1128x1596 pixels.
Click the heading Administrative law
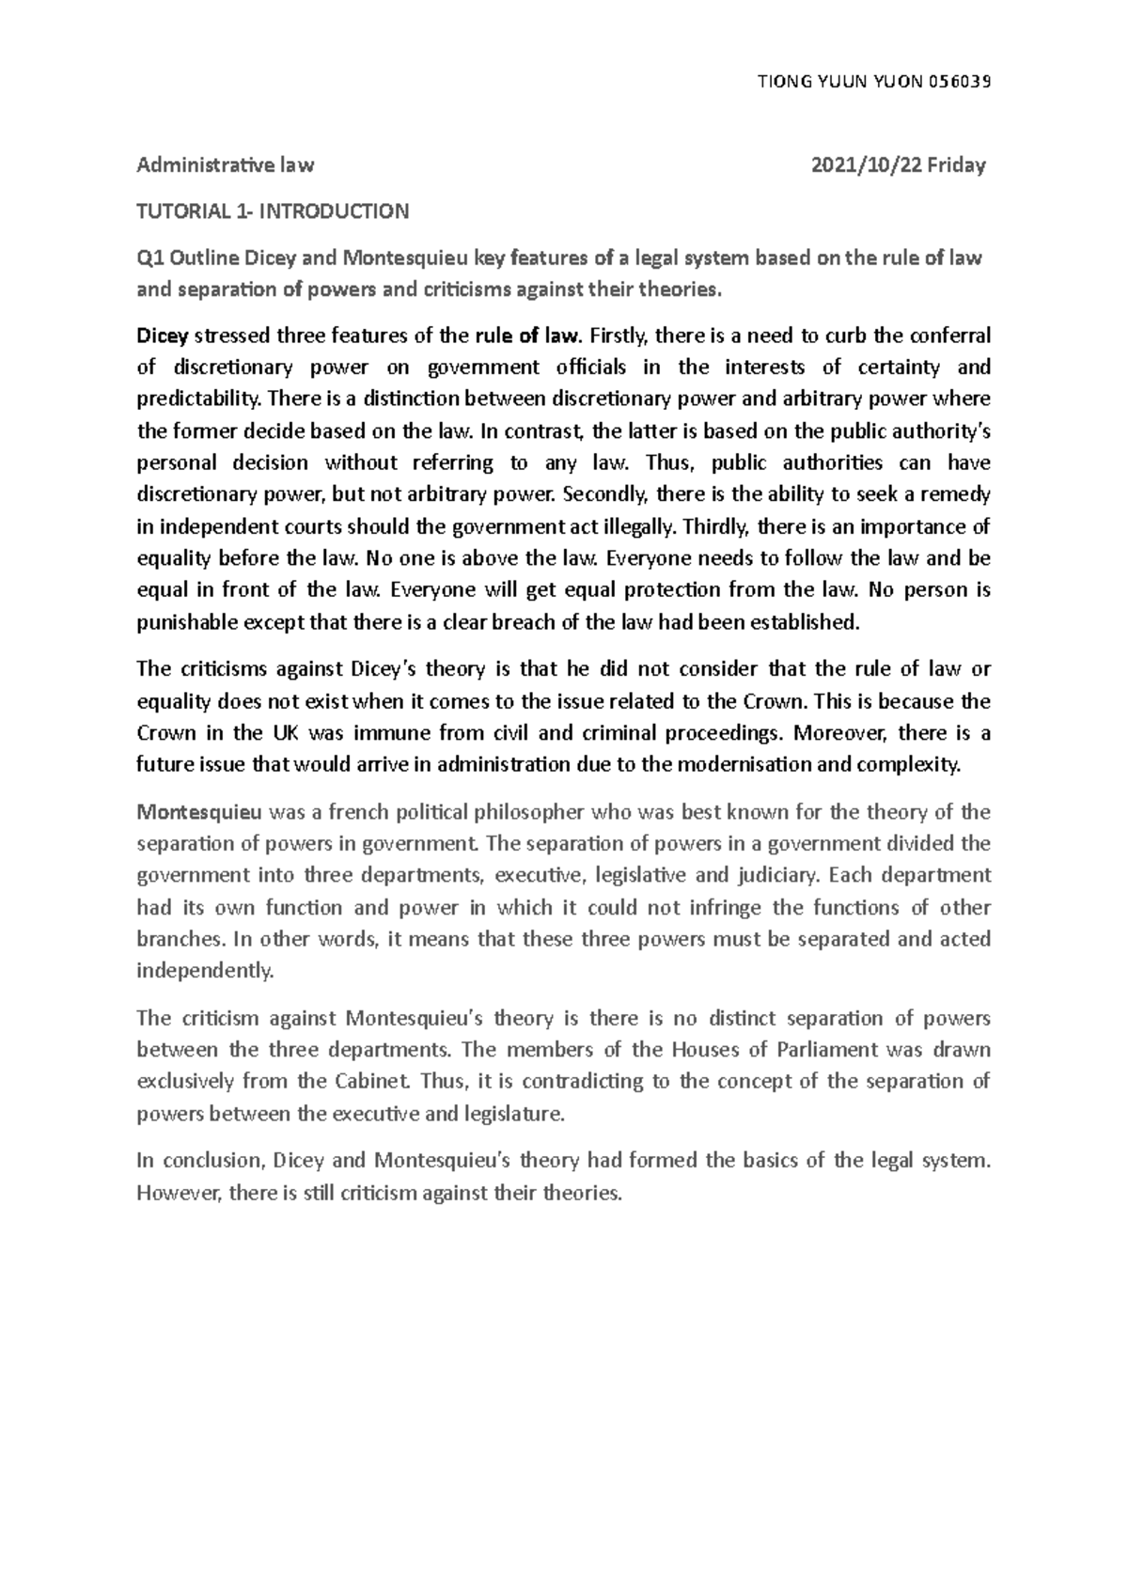tap(225, 165)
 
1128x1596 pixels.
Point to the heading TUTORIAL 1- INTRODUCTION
tap(273, 211)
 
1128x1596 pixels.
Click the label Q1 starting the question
tap(149, 258)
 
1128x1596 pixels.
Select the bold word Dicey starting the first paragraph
tap(162, 336)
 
